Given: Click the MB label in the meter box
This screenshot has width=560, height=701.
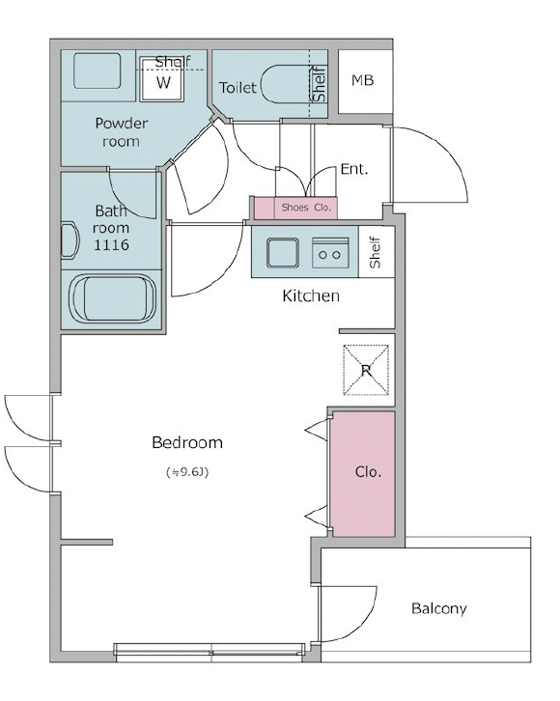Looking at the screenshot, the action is [362, 80].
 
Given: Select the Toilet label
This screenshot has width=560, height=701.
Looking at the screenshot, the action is [238, 87].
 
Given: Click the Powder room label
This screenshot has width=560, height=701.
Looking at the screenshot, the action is [121, 132].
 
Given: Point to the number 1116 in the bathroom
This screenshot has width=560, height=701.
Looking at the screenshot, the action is [111, 245].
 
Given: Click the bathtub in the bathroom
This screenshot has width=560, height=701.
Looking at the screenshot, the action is [112, 298].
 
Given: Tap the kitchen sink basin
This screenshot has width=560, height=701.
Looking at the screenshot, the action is [283, 253].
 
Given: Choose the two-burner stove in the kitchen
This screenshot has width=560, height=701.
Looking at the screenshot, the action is [330, 253].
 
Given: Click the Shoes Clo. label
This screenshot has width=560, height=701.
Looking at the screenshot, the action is [306, 208].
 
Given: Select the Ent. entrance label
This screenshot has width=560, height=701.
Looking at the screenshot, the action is [354, 169].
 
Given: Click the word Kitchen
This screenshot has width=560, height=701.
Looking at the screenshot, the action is [311, 296].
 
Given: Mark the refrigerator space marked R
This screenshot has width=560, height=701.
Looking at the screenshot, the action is [366, 370].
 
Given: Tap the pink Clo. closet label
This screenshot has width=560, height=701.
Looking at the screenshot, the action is [368, 472].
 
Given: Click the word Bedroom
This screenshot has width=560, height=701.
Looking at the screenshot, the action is [187, 442].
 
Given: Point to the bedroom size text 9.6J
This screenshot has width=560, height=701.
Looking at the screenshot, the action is [187, 472].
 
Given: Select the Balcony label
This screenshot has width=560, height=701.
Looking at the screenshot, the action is [439, 609].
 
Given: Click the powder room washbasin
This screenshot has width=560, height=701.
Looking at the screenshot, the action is [97, 70].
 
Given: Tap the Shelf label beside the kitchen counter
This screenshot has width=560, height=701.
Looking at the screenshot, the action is [375, 252].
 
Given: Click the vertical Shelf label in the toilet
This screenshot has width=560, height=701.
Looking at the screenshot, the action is [319, 84].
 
